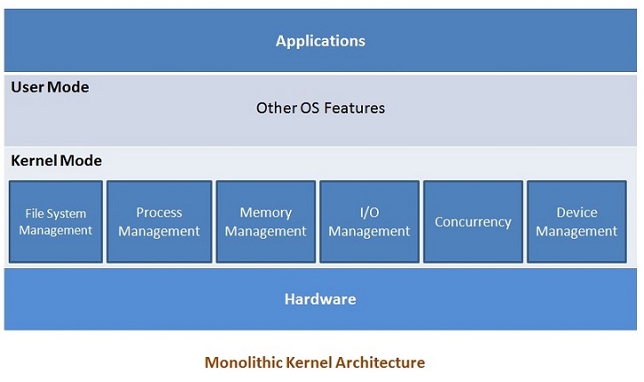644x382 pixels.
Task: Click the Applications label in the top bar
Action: pyautogui.click(x=320, y=41)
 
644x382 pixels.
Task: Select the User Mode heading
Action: pyautogui.click(x=50, y=88)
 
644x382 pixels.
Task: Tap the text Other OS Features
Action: pyautogui.click(x=320, y=108)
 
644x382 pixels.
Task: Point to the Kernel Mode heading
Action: pyautogui.click(x=56, y=161)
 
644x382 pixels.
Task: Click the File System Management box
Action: pyautogui.click(x=55, y=222)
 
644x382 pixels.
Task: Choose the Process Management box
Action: pyautogui.click(x=160, y=222)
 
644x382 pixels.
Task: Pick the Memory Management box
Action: pyautogui.click(x=265, y=222)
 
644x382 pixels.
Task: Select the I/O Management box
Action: pyautogui.click(x=369, y=222)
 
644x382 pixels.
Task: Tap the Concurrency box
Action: pyautogui.click(x=473, y=222)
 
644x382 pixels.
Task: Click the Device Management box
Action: pyautogui.click(x=577, y=222)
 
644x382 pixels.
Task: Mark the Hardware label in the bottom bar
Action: pyautogui.click(x=320, y=299)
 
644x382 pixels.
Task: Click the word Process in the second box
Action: pyautogui.click(x=160, y=213)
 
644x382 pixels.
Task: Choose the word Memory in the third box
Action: pyautogui.click(x=265, y=213)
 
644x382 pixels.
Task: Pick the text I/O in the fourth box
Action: pyautogui.click(x=369, y=213)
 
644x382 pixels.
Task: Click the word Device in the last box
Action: pyautogui.click(x=577, y=213)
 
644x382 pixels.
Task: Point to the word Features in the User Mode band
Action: pyautogui.click(x=355, y=108)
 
